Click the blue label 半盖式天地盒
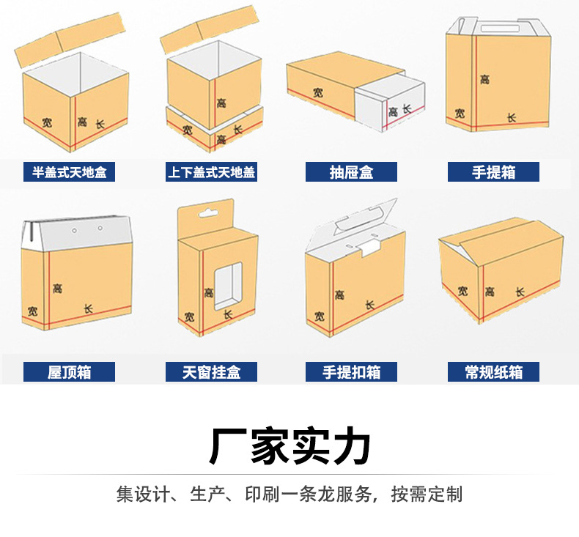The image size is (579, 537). [x=70, y=173]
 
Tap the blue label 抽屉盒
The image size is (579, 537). [x=351, y=173]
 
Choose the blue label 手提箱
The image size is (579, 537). [x=493, y=173]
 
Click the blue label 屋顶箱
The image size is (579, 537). [x=70, y=371]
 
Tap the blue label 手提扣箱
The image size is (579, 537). [x=351, y=371]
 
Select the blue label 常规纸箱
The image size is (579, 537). [x=493, y=371]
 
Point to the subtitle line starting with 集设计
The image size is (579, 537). [x=289, y=493]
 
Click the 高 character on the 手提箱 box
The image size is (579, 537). [x=484, y=78]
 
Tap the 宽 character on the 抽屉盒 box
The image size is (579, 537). [x=317, y=92]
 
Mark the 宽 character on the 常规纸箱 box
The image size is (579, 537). [x=462, y=291]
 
